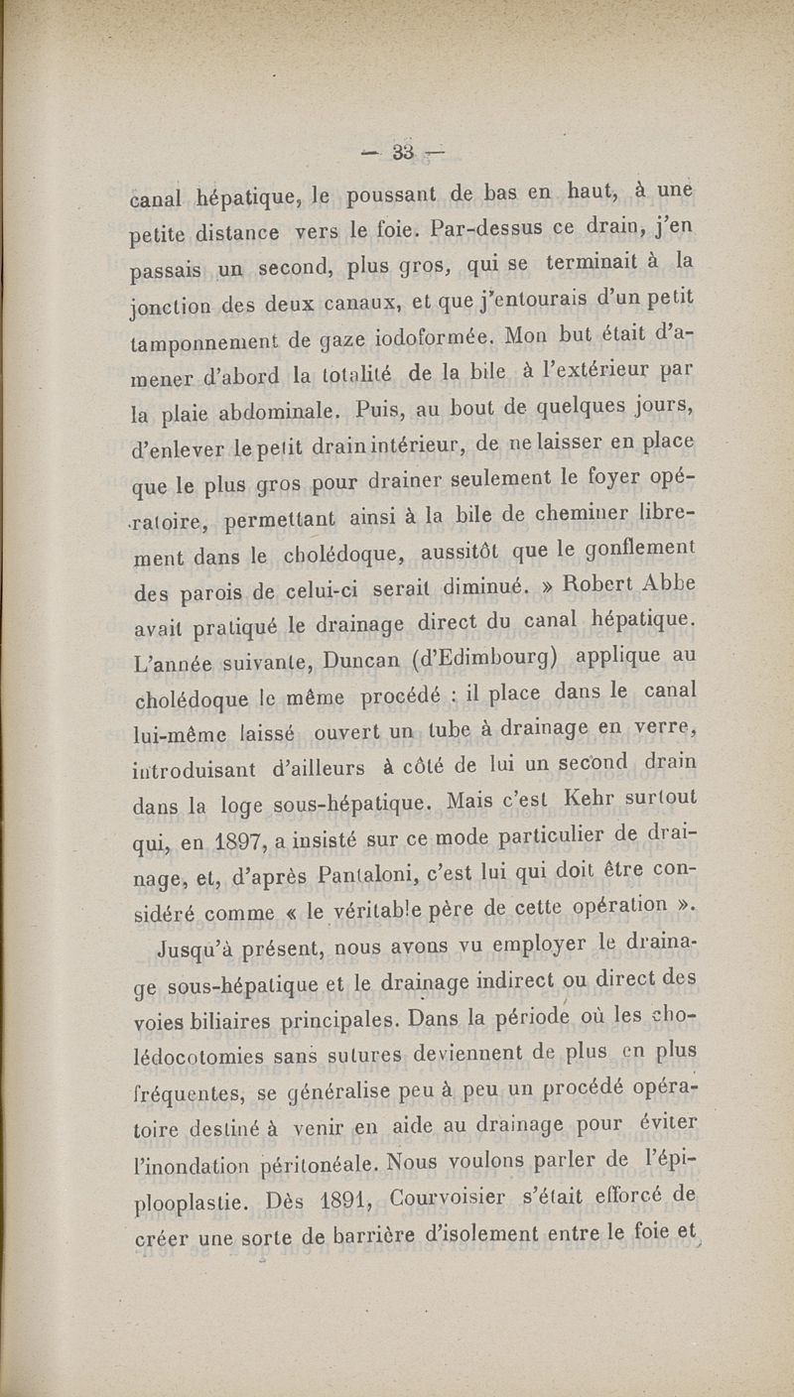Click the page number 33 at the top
coord(402,152)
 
